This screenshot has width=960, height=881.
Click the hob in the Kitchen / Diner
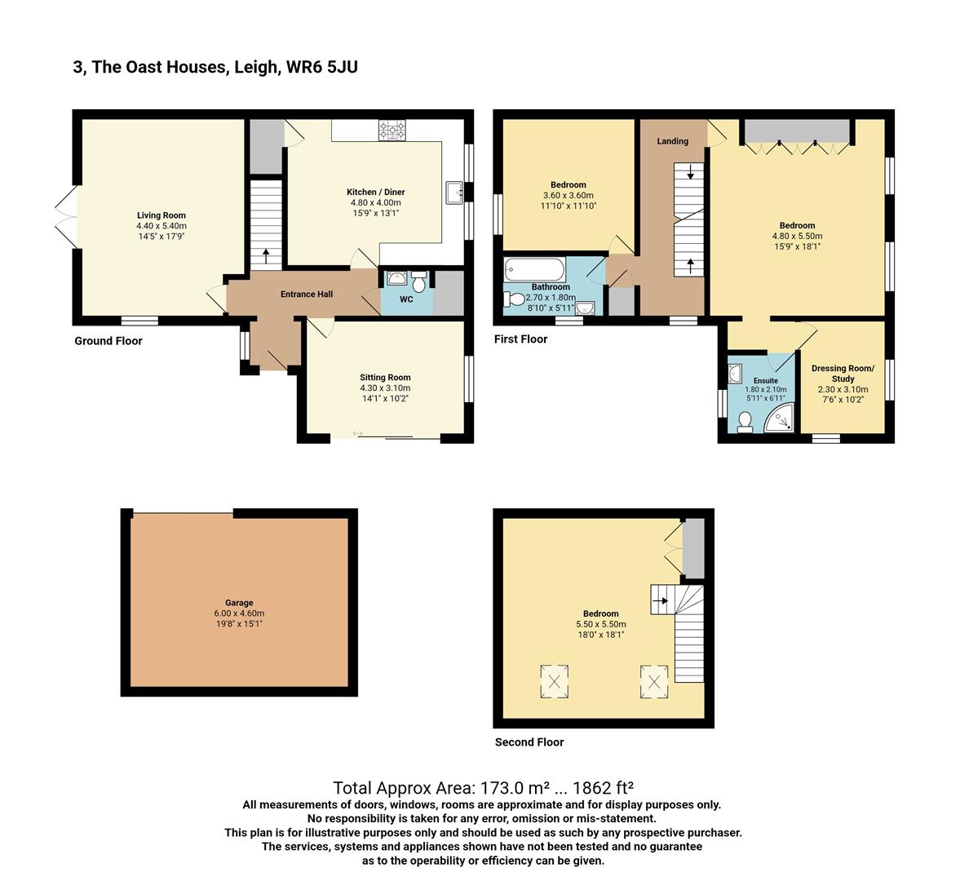pos(392,131)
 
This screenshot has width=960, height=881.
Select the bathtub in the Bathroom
pos(534,269)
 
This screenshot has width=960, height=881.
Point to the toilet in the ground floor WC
pos(418,282)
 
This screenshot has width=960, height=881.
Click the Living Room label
pos(161,215)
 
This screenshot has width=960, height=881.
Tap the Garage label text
pos(239,603)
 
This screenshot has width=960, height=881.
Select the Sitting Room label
pos(385,378)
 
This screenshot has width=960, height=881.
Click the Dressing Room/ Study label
pos(843,374)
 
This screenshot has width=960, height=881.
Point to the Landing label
pos(673,141)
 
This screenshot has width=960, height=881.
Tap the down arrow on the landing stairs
pos(691,172)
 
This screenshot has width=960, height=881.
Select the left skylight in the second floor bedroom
pos(554,681)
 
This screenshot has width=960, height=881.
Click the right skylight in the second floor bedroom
pos(654,681)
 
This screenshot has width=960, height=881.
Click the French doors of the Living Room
pos(67,217)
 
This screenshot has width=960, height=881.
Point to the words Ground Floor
pos(108,341)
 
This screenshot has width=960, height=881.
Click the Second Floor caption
pos(529,742)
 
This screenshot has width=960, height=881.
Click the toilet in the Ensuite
pos(745,422)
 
